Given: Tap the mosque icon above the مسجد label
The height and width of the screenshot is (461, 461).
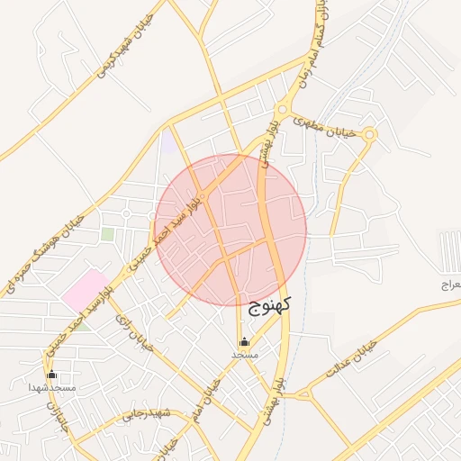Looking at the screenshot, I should (244, 342).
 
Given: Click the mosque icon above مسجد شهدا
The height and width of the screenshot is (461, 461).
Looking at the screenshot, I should (51, 375).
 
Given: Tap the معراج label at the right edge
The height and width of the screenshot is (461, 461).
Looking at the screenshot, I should (449, 285).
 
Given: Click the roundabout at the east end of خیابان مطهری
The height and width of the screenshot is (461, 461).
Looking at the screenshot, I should (369, 134).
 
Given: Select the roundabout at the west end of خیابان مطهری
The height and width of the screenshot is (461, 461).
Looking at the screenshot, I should (282, 110).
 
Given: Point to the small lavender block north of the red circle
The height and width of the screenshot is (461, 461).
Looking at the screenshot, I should (168, 141).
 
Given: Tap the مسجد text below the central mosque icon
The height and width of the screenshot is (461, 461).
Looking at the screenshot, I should (244, 356).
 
